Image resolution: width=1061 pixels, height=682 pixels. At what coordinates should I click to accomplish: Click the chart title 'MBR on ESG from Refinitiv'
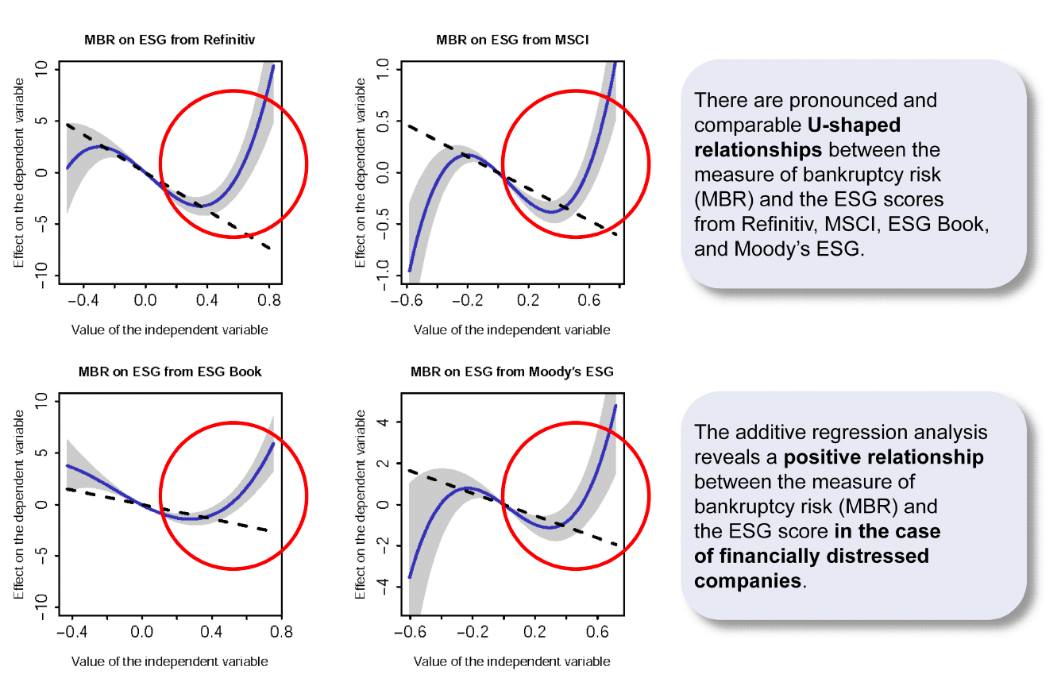(169, 38)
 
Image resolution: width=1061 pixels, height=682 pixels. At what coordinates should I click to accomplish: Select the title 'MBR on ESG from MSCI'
(512, 38)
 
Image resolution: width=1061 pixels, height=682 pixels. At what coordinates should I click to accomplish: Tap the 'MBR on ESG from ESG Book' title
(170, 371)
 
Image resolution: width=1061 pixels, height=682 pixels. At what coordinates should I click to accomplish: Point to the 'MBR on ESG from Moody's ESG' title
(512, 371)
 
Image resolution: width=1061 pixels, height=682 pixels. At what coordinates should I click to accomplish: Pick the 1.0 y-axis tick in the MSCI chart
(384, 68)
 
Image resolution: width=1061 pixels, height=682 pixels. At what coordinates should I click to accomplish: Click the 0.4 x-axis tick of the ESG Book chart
(212, 634)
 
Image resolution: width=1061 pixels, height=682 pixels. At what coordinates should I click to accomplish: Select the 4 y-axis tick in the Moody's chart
(384, 422)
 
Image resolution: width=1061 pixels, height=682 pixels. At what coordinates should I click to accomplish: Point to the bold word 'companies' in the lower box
(747, 580)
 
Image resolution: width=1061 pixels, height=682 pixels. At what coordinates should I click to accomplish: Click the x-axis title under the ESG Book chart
(169, 661)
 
